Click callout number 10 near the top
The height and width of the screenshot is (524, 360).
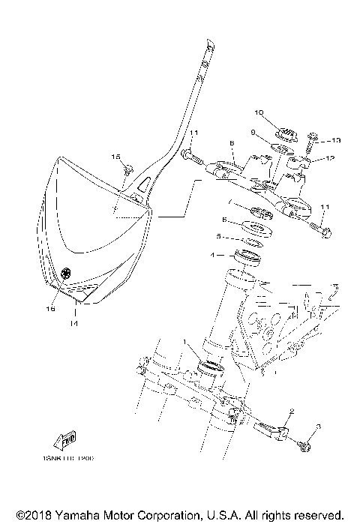pyautogui.click(x=259, y=114)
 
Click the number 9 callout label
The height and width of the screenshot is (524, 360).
pyautogui.click(x=253, y=133)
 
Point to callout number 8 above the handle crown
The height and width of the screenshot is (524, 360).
pyautogui.click(x=232, y=142)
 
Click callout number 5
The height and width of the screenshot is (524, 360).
pyautogui.click(x=218, y=236)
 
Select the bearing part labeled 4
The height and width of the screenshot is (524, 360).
pyautogui.click(x=250, y=257)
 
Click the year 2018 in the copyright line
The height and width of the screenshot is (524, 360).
pyautogui.click(x=36, y=516)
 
